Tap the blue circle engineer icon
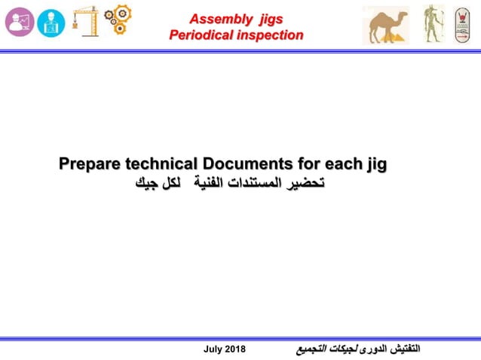(51, 23)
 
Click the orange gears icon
(117, 20)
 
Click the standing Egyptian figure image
(432, 23)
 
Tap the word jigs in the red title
(268, 18)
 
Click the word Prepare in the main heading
(90, 163)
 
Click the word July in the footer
(215, 349)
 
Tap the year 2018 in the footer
(237, 349)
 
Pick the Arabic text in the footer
(357, 349)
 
